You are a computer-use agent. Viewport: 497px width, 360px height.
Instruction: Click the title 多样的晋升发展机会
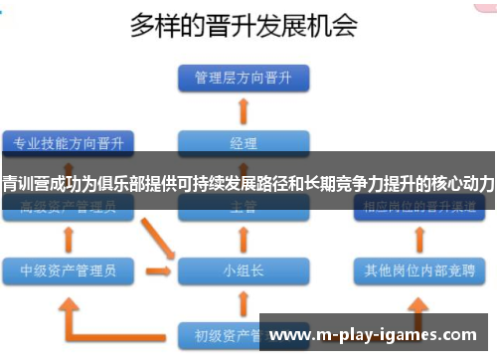click(x=244, y=25)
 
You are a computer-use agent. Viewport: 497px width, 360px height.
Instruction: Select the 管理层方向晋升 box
click(x=244, y=77)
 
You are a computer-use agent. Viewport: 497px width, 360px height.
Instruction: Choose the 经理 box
click(x=244, y=142)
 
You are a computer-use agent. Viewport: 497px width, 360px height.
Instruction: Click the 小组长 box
click(x=244, y=270)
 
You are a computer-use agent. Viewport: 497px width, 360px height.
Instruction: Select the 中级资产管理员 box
click(x=68, y=270)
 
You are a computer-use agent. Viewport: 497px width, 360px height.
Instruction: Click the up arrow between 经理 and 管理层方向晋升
click(x=244, y=109)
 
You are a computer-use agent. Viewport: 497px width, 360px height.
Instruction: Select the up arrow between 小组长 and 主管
click(x=244, y=240)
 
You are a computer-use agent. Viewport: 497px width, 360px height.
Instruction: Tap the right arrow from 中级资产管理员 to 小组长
click(x=157, y=270)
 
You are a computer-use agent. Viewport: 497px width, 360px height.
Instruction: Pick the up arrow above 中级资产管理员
click(x=68, y=240)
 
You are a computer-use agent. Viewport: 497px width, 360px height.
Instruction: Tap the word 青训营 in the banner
click(x=23, y=183)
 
